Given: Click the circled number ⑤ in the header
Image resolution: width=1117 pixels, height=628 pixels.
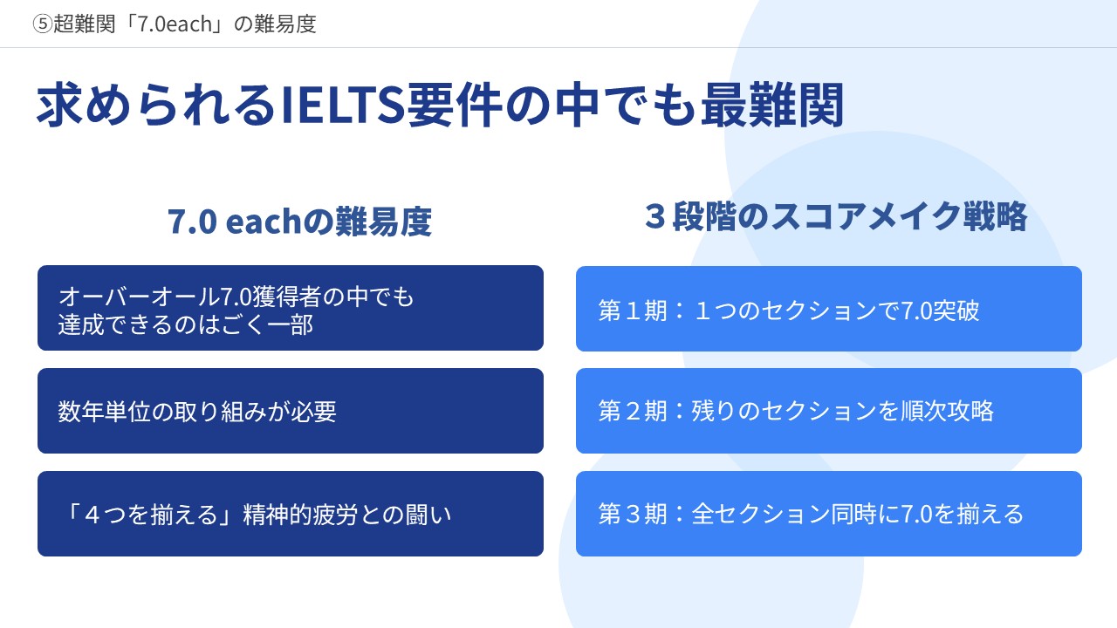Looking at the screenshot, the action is click(43, 24).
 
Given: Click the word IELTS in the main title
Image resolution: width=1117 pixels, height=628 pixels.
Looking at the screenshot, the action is click(343, 106).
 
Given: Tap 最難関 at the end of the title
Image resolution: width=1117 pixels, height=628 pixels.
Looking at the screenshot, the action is click(772, 106).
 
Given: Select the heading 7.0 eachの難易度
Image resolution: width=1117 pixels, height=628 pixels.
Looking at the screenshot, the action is click(299, 222).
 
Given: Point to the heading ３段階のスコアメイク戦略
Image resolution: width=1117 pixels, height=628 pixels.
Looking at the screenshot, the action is click(836, 216).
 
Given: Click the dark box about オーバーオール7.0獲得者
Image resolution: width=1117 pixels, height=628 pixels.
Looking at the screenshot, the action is click(291, 308).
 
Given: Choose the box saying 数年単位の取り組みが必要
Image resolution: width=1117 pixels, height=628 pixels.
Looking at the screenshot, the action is click(291, 411).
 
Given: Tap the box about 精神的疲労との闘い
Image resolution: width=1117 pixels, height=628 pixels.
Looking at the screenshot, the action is click(291, 514).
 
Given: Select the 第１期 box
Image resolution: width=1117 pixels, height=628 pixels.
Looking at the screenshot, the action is click(829, 309).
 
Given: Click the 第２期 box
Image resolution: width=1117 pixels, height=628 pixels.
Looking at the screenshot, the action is click(829, 411).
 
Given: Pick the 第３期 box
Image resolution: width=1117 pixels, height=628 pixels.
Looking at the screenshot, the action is click(829, 514).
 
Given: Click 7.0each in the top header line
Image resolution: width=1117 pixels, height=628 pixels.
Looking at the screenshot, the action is click(175, 24).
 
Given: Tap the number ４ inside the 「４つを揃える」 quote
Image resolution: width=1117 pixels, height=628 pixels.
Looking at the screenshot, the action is click(93, 515).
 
